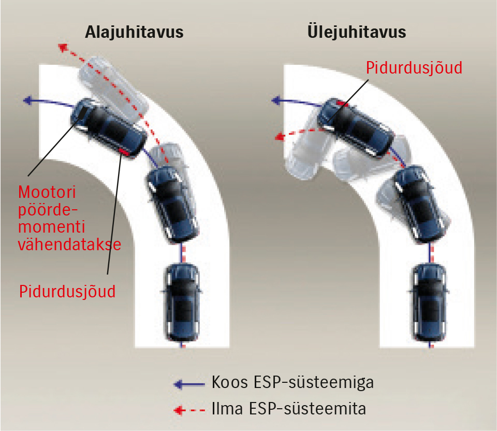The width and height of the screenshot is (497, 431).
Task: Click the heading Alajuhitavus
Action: [134, 33]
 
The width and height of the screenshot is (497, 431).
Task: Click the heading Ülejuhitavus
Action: [356, 32]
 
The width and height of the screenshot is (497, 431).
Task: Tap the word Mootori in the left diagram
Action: [47, 192]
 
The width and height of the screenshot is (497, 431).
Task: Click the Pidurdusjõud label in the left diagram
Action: [67, 291]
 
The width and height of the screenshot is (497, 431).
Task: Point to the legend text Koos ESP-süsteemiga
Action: [293, 383]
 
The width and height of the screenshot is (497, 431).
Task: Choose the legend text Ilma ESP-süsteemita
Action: [289, 409]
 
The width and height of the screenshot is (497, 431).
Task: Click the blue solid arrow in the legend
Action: [190, 384]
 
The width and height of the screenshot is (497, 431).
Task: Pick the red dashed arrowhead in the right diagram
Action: [280, 137]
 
